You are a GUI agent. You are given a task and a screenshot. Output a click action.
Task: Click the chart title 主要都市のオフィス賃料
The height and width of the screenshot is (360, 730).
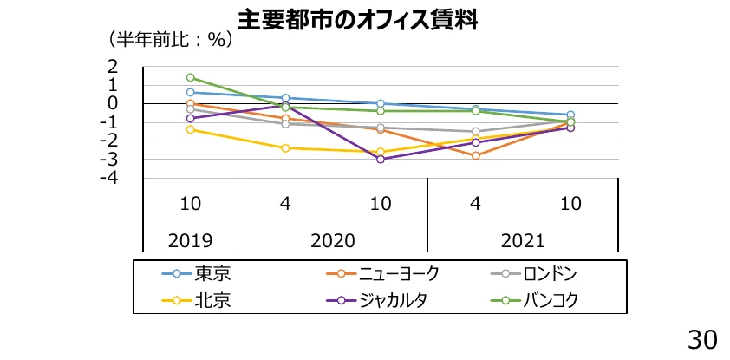357,18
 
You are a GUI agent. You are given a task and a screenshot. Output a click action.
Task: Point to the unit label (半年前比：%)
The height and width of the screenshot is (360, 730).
168,40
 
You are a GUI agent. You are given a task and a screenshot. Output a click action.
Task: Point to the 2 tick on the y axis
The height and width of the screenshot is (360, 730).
113,67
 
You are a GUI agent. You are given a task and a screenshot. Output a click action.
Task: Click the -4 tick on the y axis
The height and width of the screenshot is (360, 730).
108,178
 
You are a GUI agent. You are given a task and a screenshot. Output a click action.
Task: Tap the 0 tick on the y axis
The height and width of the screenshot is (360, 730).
113,104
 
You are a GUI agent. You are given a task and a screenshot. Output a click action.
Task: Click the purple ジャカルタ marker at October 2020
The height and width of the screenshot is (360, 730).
381,160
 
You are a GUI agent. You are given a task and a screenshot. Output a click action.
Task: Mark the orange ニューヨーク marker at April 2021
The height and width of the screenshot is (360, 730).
475,155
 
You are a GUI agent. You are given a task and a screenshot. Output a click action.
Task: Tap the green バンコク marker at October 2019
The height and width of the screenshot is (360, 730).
191,77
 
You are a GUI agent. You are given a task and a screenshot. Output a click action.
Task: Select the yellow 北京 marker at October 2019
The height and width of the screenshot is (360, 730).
191,130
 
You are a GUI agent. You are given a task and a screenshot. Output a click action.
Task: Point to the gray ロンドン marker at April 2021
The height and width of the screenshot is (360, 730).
475,132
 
